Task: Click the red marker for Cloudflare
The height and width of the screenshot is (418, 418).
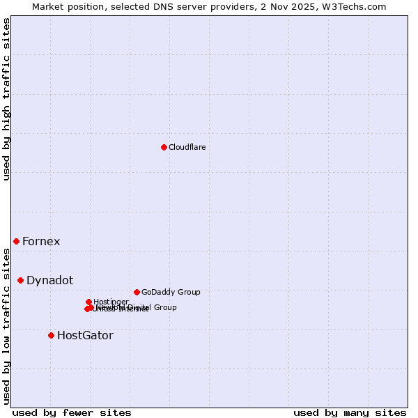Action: pos(164,147)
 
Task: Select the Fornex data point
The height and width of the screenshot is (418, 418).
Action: pos(16,241)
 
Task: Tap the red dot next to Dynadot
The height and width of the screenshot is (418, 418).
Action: pos(20,280)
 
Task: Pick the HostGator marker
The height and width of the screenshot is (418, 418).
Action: pos(51,335)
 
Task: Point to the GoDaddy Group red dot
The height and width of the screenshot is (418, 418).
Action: pos(137,292)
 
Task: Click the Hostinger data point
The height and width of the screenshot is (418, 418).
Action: pos(88,302)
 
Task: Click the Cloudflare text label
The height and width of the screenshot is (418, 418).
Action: pos(187,147)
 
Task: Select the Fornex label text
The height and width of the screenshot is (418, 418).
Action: pos(41,242)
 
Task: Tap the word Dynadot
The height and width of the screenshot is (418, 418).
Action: pos(49,281)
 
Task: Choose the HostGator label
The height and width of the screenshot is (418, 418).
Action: pos(85,336)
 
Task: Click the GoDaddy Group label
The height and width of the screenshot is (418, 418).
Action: pos(171,293)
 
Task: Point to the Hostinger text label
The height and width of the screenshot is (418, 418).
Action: pos(111,302)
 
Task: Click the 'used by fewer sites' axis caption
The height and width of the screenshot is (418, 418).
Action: pos(72,412)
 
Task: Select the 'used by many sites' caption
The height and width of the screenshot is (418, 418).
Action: pos(350,412)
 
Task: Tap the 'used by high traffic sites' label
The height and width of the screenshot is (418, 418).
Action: pos(6,100)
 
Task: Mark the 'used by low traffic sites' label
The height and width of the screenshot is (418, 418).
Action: pos(6,325)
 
